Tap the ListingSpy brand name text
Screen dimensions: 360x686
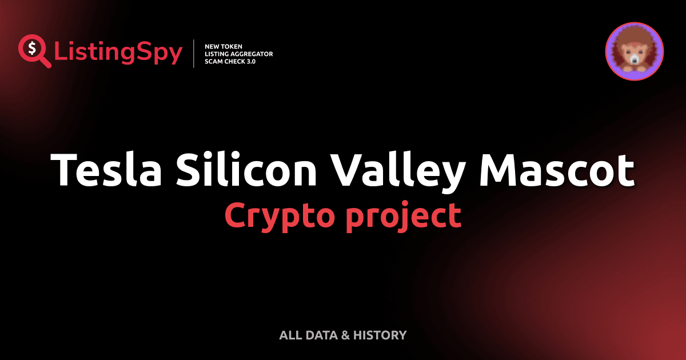click(118, 53)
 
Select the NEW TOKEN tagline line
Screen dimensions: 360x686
click(224, 46)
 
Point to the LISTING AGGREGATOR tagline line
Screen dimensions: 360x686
click(238, 54)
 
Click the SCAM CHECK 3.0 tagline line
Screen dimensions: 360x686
click(230, 62)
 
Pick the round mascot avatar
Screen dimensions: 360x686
click(634, 51)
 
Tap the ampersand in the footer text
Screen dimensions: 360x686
click(345, 335)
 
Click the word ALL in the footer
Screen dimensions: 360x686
click(289, 335)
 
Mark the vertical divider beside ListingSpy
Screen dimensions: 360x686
click(195, 54)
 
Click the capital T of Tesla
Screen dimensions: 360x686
click(65, 170)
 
